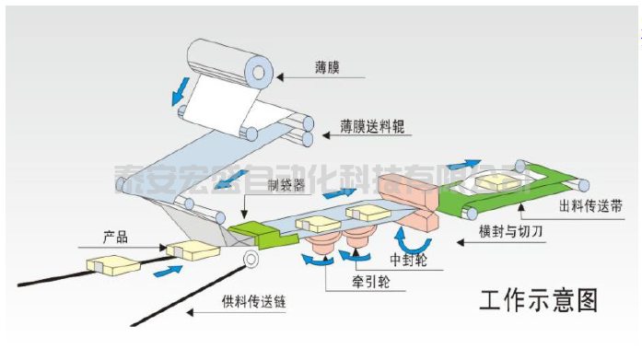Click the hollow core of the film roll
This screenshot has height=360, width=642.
click(262, 70)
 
